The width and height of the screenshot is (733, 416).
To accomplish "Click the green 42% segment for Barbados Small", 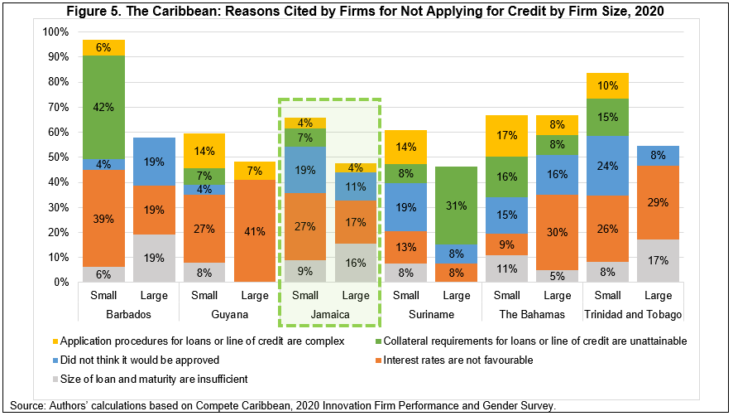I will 103,106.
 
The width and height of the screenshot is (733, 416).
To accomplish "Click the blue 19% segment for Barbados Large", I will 155,162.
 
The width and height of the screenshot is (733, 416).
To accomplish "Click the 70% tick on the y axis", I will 55,107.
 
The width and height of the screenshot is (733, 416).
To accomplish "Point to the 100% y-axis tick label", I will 53,31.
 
